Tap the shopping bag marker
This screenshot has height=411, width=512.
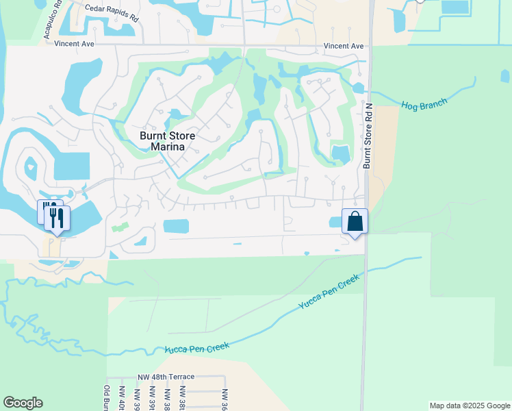pos(355,221)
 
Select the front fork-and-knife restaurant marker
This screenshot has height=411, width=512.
pos(57,219)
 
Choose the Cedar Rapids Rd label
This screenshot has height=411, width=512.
pos(112,12)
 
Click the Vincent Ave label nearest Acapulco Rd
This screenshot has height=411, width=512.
pos(75,43)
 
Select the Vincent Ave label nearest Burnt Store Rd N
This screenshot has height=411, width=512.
pos(344,46)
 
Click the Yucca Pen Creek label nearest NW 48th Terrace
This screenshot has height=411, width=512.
pos(197,349)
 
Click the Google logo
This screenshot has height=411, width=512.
pos(23,403)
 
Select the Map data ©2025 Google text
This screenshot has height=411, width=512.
pos(469,406)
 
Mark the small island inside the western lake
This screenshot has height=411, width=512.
pos(30,165)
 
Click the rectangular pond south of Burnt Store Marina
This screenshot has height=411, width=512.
pos(176,226)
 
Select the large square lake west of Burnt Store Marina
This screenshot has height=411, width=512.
pos(71,166)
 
